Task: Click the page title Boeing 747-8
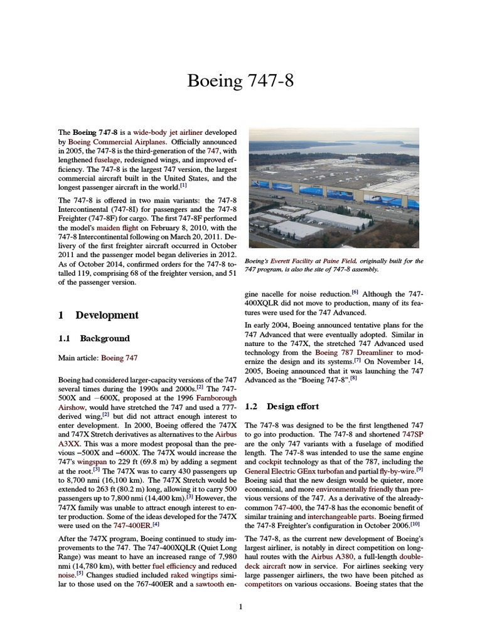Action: [240, 82]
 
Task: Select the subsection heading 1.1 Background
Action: [94, 339]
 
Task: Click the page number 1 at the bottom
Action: [240, 606]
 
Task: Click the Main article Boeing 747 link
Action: [119, 358]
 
